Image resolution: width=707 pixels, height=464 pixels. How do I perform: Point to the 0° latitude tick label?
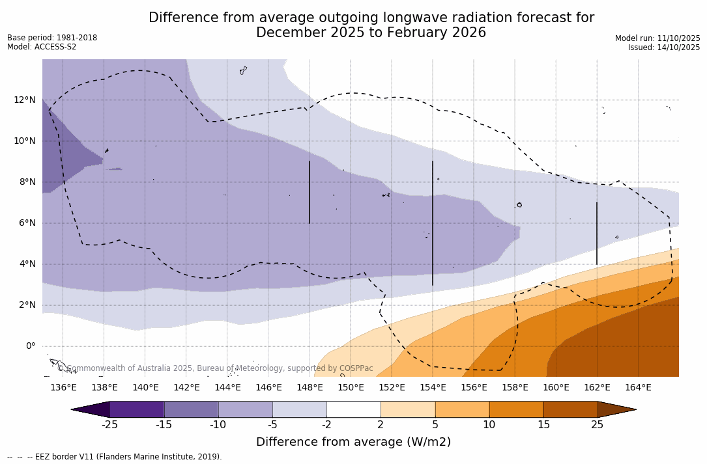(30, 346)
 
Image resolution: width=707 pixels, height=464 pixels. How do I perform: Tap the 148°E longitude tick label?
(310, 387)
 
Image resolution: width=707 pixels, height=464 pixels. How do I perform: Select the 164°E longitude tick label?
(638, 387)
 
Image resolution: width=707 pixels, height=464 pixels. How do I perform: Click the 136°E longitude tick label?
(63, 387)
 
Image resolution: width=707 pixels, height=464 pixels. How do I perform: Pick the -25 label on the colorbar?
(109, 425)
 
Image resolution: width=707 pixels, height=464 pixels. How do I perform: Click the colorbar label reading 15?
(543, 425)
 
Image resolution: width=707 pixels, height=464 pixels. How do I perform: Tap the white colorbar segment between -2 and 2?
(354, 409)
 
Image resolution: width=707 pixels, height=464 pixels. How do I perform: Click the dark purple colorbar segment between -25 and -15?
(137, 409)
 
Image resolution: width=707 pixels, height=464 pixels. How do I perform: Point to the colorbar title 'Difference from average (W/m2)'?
(353, 442)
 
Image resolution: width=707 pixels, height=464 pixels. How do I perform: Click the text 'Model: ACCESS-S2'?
(42, 47)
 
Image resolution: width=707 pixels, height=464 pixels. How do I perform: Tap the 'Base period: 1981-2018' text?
(52, 38)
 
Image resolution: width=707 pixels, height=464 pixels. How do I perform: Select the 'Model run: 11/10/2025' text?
(657, 38)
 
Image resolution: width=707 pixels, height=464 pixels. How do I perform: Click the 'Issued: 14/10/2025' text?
(664, 48)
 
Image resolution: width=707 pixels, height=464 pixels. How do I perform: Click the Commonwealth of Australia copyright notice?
(215, 368)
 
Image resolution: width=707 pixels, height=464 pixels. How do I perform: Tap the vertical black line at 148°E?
(310, 192)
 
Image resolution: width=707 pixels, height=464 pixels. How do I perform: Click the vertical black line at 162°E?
(597, 233)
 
